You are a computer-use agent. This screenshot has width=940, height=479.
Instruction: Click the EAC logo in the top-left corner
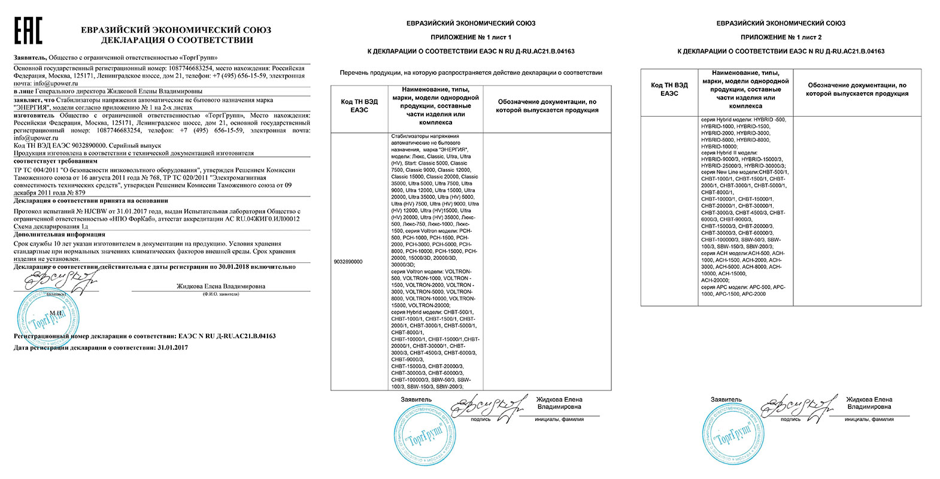click(x=28, y=31)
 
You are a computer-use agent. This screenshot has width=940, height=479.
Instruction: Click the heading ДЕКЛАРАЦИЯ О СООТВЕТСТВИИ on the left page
click(x=177, y=40)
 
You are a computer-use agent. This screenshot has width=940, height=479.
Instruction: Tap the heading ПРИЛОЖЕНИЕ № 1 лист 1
click(x=471, y=37)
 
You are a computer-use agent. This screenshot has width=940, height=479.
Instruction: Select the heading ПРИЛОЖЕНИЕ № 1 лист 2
click(x=781, y=37)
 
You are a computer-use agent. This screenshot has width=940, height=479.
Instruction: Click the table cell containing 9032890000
click(x=347, y=262)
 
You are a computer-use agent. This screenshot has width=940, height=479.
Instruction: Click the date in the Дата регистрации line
click(x=172, y=347)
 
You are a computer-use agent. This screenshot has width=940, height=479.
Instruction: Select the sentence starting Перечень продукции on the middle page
click(x=471, y=72)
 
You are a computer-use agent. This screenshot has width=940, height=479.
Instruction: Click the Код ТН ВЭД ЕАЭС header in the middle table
click(x=359, y=106)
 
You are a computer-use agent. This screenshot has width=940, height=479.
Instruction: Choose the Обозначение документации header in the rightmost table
click(x=856, y=89)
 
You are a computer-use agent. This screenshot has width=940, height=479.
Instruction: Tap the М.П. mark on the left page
click(x=56, y=313)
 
